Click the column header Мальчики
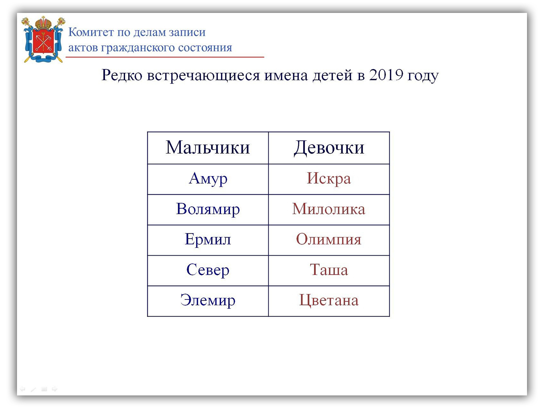208,148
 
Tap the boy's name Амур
208,179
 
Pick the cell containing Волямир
208,209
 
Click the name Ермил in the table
208,240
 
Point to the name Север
208,270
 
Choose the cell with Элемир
208,301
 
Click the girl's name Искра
329,179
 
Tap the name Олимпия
329,240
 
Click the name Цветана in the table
329,301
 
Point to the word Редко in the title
122,75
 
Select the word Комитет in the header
91,32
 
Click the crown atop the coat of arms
44,23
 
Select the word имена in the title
286,75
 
